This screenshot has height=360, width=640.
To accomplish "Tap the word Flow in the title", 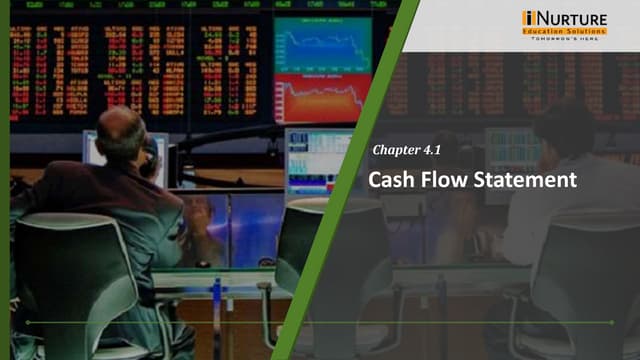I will [443, 181].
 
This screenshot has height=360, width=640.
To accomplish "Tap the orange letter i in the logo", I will [528, 18].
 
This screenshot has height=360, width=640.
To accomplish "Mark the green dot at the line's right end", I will [611, 322].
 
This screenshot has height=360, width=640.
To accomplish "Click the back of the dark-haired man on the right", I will [570, 200].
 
